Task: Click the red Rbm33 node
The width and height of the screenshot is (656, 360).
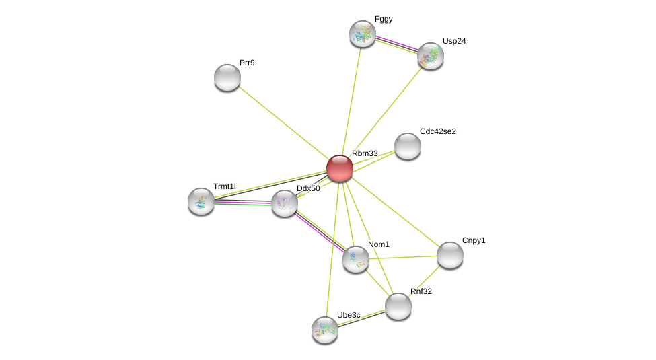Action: click(340, 168)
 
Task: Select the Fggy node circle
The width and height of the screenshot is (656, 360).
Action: click(363, 34)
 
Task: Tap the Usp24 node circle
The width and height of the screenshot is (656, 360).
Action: click(431, 56)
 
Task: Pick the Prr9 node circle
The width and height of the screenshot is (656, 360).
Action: click(227, 77)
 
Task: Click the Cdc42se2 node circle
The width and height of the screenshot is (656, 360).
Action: click(408, 146)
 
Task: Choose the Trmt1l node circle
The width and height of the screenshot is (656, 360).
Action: click(201, 201)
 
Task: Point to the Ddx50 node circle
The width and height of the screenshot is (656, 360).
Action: click(285, 203)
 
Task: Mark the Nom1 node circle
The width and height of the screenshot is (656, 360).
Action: click(356, 259)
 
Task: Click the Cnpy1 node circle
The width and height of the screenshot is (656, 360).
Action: click(450, 255)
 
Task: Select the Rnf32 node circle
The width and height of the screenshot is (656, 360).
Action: click(398, 306)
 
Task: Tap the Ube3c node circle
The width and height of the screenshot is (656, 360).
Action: click(325, 330)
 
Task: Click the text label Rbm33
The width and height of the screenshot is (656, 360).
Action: click(365, 153)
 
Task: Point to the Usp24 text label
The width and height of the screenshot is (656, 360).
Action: click(454, 41)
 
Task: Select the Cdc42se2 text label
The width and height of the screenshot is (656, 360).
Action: click(437, 131)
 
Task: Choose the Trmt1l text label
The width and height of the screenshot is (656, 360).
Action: click(225, 186)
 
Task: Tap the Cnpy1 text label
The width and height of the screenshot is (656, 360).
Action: click(474, 240)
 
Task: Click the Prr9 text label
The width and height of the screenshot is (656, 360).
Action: click(248, 63)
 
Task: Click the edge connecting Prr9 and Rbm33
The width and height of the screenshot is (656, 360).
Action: click(283, 122)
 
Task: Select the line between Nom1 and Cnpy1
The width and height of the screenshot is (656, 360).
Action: click(403, 257)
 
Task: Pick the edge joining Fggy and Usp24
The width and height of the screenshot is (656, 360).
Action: click(396, 44)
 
